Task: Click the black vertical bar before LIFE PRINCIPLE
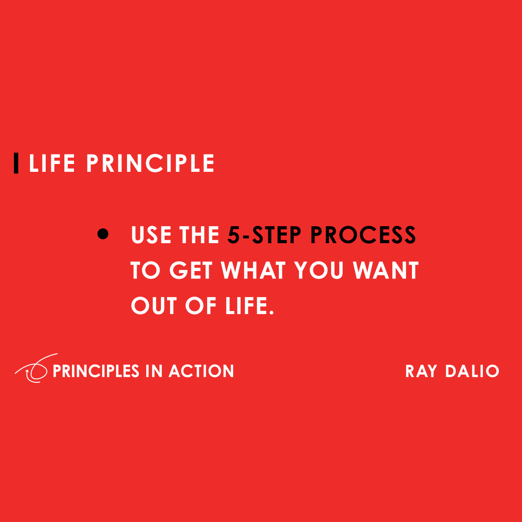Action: (16, 163)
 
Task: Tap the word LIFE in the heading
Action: (52, 164)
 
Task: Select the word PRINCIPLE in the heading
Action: (151, 164)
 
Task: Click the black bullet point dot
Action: (103, 234)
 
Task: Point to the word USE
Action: (151, 235)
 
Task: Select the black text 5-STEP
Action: (264, 235)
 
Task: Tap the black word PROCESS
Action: (363, 235)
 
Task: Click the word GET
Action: (191, 271)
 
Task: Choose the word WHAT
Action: (253, 271)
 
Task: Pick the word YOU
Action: (318, 271)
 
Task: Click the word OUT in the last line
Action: (154, 306)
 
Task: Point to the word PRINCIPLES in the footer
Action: (96, 371)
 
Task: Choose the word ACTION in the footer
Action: (201, 371)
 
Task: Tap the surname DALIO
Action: (472, 371)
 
